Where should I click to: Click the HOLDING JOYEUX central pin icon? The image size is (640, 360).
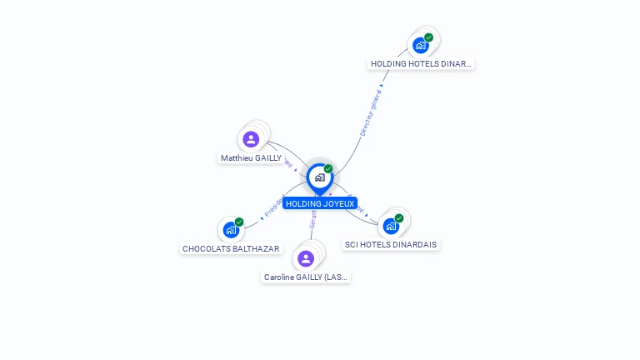(x=319, y=177)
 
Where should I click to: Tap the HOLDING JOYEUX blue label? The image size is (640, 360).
(x=320, y=203)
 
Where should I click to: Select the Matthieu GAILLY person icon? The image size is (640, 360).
(x=251, y=139)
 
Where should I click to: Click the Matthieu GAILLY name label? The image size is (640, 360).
(x=251, y=157)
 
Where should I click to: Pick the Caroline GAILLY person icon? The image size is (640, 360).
(x=306, y=258)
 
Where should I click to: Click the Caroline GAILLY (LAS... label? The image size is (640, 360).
(x=306, y=277)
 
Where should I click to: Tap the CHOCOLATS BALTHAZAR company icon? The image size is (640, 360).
(x=230, y=230)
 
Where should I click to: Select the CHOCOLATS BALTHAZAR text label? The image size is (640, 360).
(x=231, y=248)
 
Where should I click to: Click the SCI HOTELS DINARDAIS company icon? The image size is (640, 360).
(x=391, y=226)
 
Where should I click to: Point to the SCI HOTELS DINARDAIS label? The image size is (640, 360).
(x=391, y=244)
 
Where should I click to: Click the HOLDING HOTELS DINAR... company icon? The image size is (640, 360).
(x=421, y=45)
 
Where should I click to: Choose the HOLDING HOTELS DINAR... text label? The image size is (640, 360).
(x=421, y=63)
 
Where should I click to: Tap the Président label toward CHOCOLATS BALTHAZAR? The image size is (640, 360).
(x=274, y=206)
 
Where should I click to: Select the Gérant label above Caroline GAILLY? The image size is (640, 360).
(x=312, y=219)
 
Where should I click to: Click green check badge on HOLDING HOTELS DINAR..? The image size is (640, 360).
(x=428, y=37)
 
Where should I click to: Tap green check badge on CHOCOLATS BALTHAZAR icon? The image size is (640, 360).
(x=239, y=222)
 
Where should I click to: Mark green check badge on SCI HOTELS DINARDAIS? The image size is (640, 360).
(x=399, y=218)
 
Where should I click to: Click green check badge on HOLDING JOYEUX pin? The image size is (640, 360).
(x=328, y=169)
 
